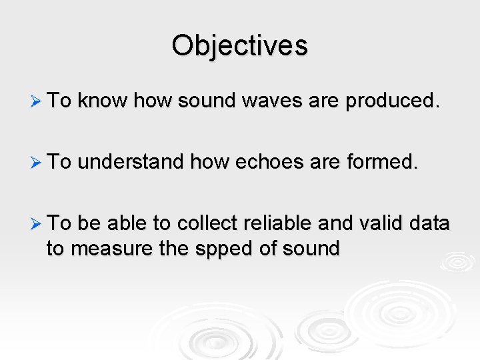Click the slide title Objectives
[239, 46]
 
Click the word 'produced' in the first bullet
[393, 101]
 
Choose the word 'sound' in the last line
[311, 249]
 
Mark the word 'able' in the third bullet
[134, 223]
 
